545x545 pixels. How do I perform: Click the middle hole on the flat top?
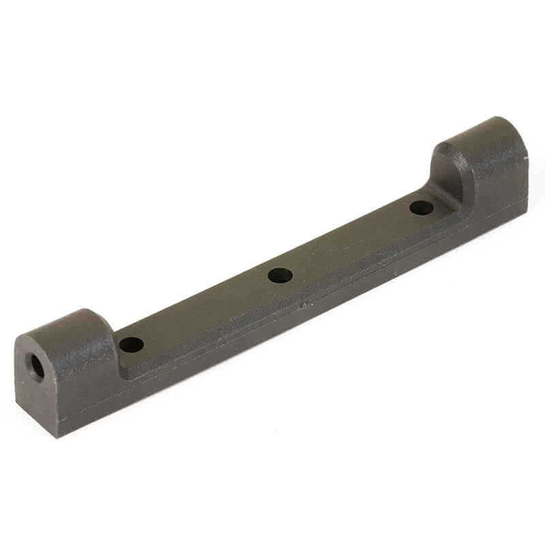280,275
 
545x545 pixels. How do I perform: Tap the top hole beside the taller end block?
422,208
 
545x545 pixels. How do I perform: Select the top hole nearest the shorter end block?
131,344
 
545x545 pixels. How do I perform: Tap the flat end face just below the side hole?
38,399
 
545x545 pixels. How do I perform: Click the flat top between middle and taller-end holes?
351,242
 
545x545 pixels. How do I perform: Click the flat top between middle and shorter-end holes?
204,310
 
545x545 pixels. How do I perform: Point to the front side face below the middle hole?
286,320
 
